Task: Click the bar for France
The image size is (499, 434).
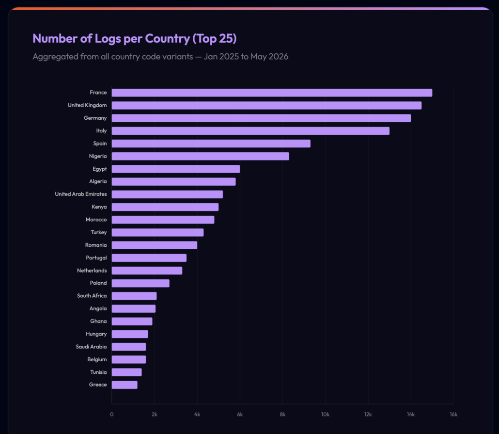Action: (272, 93)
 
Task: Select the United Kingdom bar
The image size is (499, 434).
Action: (266, 106)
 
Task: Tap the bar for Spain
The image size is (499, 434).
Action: (211, 144)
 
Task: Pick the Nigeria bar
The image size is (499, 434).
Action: (201, 156)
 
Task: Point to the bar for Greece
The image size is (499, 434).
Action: (125, 385)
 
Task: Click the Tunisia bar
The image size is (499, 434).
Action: (126, 372)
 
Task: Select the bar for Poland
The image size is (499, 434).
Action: (140, 283)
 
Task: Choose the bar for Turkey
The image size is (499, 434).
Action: (157, 233)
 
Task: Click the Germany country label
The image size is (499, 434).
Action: (95, 118)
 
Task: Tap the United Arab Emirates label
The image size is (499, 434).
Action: (81, 194)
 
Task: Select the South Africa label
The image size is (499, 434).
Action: (92, 296)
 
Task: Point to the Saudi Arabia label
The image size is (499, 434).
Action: (91, 347)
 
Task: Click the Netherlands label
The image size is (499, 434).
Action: (92, 271)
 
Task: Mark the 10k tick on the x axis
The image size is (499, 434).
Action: (325, 415)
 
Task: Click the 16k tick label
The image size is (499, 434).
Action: (453, 415)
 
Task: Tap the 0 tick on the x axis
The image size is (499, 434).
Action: (112, 415)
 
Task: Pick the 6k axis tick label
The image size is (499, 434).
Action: (240, 415)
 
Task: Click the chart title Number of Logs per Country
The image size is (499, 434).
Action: (111, 39)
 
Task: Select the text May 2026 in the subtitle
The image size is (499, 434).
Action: (269, 57)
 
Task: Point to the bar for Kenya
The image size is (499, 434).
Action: (165, 207)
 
